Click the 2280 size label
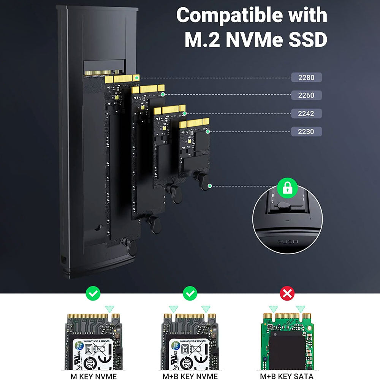click(306, 78)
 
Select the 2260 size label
click(306, 95)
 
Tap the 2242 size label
click(306, 113)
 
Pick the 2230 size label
click(306, 131)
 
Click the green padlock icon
click(287, 188)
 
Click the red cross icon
click(287, 293)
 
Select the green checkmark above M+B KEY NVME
click(190, 293)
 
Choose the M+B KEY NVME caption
click(190, 376)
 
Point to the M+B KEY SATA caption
click(287, 376)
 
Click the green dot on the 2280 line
click(136, 77)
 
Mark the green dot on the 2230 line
click(207, 131)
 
